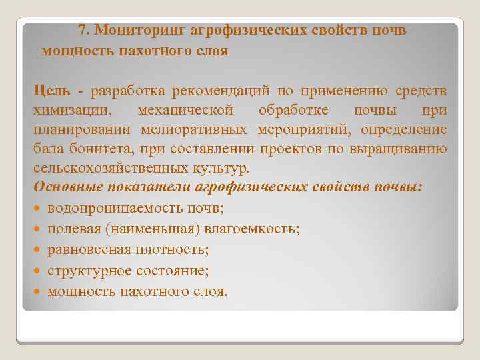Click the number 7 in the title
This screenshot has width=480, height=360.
pyautogui.click(x=82, y=30)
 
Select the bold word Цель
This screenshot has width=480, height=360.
pyautogui.click(x=50, y=90)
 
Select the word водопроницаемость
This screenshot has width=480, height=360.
pyautogui.click(x=111, y=209)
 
